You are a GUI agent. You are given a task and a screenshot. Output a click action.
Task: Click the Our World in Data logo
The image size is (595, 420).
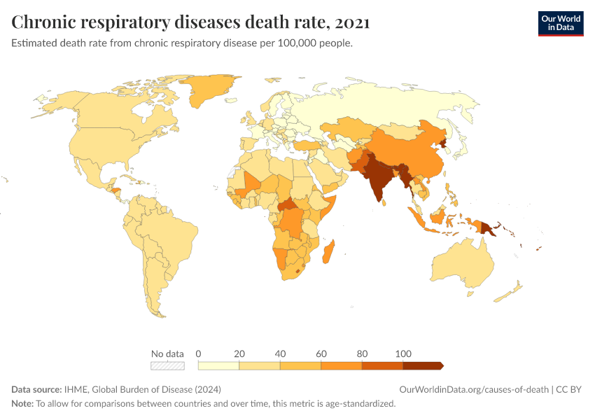(x=560, y=22)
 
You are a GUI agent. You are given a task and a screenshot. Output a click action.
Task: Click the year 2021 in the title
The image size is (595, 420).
(x=352, y=22)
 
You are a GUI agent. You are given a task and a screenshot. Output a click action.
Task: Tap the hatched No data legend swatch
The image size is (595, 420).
(x=168, y=365)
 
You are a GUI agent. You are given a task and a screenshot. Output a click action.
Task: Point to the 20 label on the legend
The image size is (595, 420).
(x=239, y=353)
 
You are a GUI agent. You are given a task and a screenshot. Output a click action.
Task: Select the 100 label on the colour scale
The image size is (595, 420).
(x=403, y=353)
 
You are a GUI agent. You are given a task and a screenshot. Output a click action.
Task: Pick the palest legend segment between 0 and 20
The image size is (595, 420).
(x=219, y=365)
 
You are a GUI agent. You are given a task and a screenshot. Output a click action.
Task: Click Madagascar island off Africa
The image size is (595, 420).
(x=328, y=251)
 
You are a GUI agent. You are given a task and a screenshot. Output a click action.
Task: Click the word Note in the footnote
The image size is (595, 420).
(x=22, y=404)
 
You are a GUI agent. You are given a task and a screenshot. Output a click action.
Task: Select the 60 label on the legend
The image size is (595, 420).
(x=321, y=353)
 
